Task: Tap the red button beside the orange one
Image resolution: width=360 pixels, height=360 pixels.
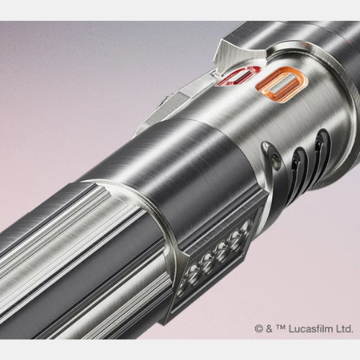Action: click(x=238, y=76)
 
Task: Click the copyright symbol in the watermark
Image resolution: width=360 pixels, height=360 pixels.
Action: click(x=258, y=328)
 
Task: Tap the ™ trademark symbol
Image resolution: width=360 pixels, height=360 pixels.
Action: click(x=281, y=327)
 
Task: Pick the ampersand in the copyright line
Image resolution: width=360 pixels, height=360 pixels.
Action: click(x=269, y=328)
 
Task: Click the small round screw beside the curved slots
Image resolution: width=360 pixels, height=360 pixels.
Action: click(x=276, y=158)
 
